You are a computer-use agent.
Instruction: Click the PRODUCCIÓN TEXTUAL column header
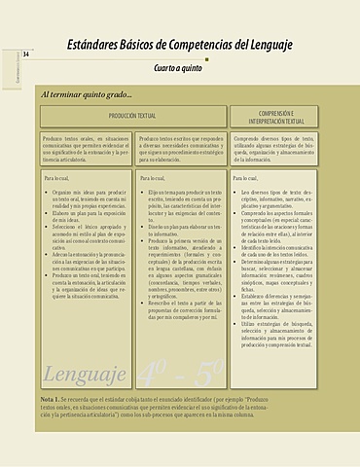tap(133, 117)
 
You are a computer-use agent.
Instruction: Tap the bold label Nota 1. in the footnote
tap(54, 401)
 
